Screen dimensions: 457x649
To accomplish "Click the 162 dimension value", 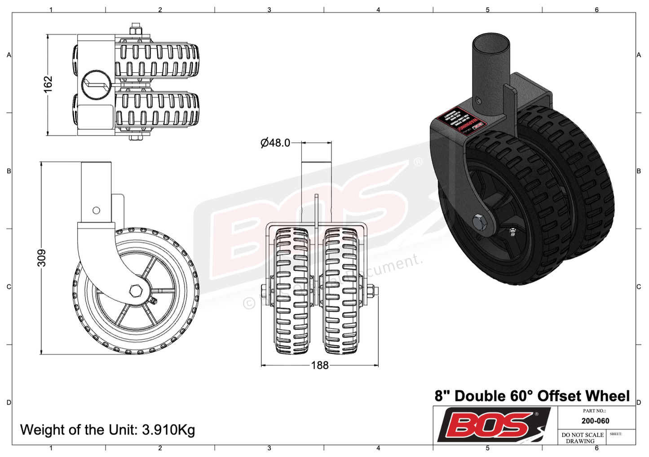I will [x=48, y=84].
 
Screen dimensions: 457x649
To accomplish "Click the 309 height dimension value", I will [x=41, y=258].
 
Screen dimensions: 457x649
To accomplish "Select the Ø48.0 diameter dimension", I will [x=275, y=143].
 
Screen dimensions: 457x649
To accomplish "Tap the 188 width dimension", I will [x=320, y=365].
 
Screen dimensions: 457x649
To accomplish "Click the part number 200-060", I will [x=595, y=421].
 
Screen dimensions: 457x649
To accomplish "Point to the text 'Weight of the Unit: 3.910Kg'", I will [x=108, y=430].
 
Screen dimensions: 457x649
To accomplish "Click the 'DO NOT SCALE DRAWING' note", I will [x=582, y=438].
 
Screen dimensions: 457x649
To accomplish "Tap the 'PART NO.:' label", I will [x=594, y=411].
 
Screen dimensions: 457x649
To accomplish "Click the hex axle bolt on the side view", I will [x=135, y=290].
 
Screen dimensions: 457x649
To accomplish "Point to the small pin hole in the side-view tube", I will [x=96, y=210].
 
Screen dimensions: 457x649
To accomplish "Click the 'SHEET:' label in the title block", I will [x=616, y=434].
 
